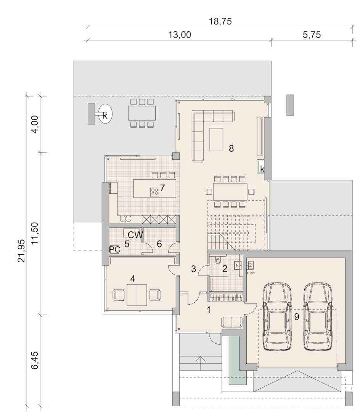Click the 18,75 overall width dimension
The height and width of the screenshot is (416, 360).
[x=220, y=21]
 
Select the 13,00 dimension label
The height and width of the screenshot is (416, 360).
[x=180, y=35]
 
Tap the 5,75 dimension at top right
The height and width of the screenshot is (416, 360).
[x=312, y=35]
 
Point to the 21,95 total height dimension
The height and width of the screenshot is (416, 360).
[x=21, y=251]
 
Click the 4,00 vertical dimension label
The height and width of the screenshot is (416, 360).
[x=35, y=124]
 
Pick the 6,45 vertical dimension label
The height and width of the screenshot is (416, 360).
[x=35, y=360]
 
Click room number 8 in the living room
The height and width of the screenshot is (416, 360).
[x=231, y=149]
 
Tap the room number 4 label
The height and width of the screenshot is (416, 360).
[x=133, y=279]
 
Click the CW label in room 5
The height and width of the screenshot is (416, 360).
[x=135, y=235]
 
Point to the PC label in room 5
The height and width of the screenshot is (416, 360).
[x=115, y=249]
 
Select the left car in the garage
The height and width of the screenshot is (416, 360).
[x=277, y=316]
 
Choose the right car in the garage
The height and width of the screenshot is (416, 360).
[x=318, y=316]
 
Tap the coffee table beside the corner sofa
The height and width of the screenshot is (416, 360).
[x=216, y=139]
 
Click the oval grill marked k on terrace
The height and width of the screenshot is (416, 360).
[x=105, y=114]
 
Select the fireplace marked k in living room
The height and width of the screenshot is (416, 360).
[x=261, y=167]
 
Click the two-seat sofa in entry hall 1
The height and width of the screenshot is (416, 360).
[x=232, y=322]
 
